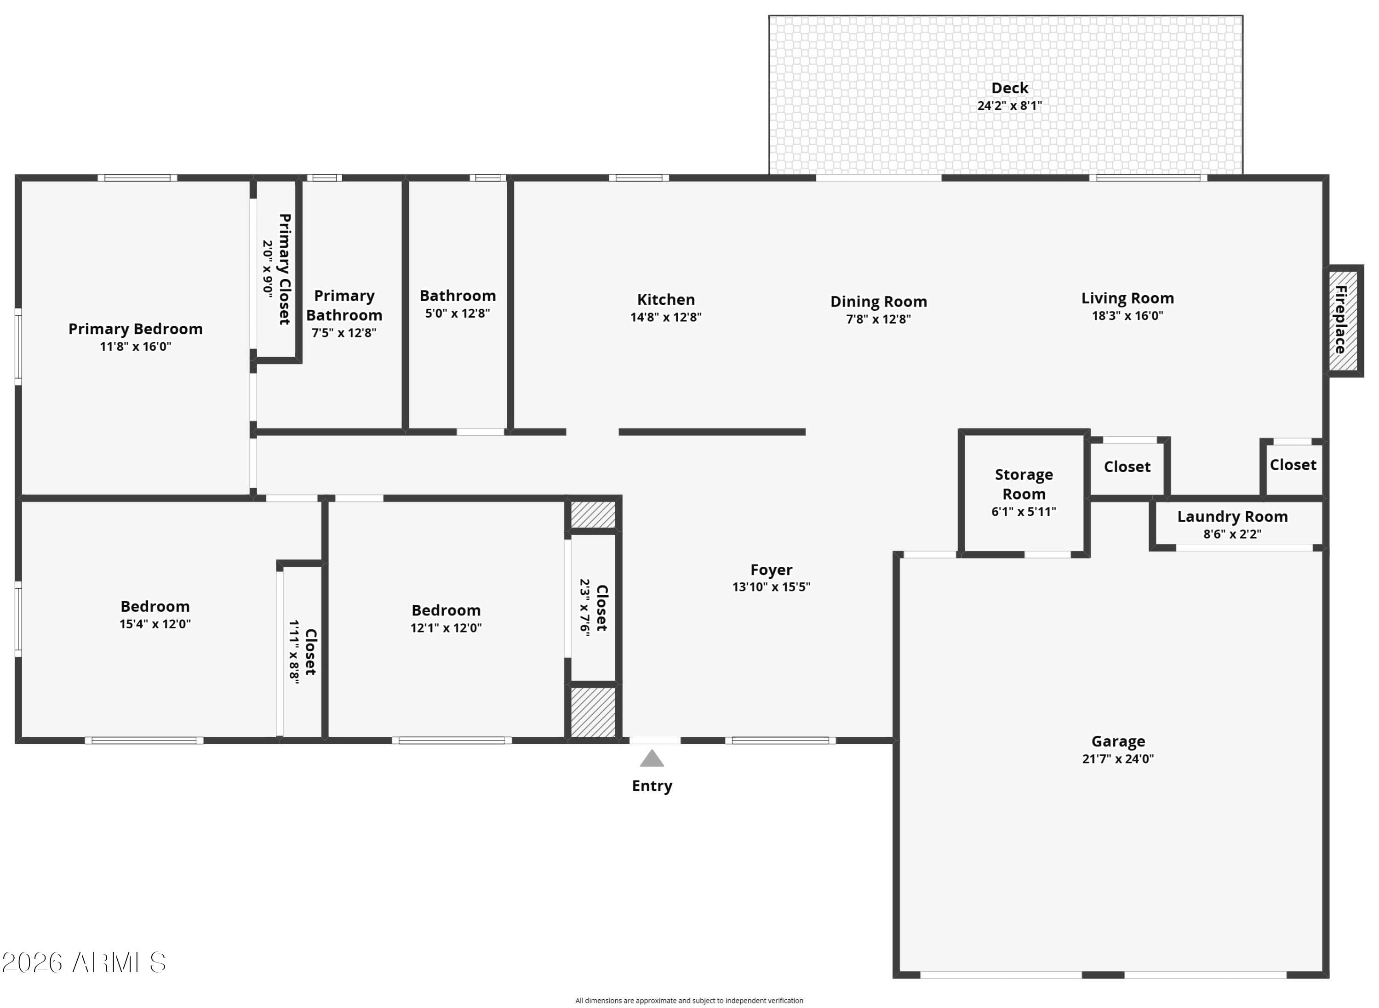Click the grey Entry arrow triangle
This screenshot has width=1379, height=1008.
point(652,758)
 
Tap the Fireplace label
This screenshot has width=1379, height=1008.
point(1340,320)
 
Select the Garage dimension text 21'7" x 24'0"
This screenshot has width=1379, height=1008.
point(1118,759)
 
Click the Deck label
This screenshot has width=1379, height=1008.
point(1010,88)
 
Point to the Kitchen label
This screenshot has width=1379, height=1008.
point(666,300)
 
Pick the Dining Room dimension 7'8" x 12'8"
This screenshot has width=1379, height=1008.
point(878,319)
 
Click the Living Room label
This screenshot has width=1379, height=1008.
point(1127,298)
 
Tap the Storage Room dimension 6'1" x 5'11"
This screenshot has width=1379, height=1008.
point(1024,512)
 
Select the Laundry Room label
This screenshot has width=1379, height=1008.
point(1232,517)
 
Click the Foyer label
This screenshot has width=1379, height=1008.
point(772,570)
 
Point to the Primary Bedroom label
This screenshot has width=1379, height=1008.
point(136,330)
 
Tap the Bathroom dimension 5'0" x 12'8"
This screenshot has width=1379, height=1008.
point(458,313)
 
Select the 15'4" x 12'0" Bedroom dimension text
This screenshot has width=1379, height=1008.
point(155,624)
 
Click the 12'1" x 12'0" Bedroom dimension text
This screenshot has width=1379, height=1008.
point(446,628)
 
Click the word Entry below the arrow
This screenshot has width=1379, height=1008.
point(652,786)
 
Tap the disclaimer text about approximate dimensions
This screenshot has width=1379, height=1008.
point(689,1001)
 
